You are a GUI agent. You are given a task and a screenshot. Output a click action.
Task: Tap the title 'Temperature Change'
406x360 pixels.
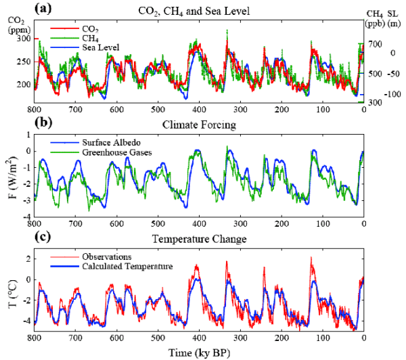tap(198, 239)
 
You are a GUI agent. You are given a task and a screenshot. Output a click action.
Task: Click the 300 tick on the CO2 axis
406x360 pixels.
tap(22, 39)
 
